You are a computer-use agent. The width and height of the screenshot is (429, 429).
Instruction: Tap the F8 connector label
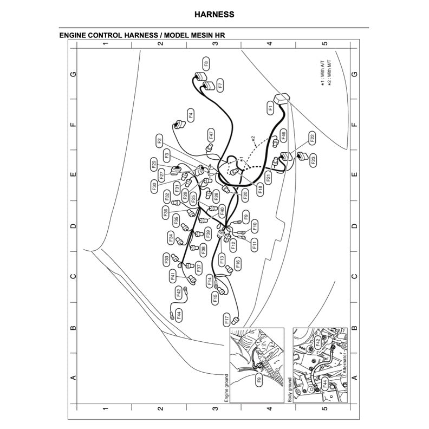206,64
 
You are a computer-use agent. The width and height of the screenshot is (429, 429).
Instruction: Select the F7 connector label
220,84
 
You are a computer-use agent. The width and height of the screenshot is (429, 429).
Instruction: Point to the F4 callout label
191,115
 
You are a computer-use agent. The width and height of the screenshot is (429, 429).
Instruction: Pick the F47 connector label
211,135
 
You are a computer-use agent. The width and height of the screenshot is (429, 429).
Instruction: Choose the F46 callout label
283,135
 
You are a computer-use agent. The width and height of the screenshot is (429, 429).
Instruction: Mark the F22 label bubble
312,139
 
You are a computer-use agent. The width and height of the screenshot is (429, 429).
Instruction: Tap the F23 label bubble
313,159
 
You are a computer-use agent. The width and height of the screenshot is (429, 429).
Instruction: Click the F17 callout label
226,320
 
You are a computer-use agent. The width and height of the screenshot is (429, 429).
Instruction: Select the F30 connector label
154,186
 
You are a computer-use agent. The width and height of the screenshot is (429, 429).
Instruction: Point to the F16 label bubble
237,263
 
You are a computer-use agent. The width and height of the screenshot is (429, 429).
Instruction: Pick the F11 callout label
255,244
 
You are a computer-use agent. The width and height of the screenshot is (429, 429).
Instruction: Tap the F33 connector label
167,259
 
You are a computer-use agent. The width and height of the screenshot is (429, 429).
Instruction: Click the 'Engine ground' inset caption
227,388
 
